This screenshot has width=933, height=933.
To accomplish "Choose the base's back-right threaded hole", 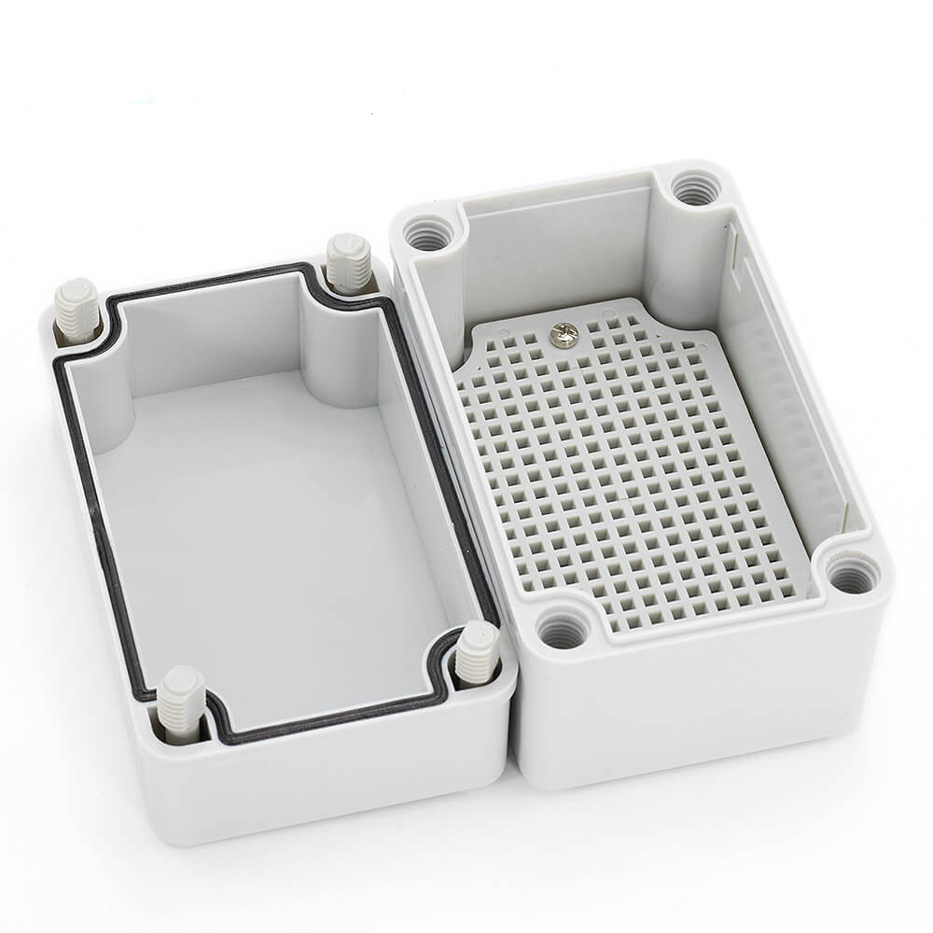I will point(691,189).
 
